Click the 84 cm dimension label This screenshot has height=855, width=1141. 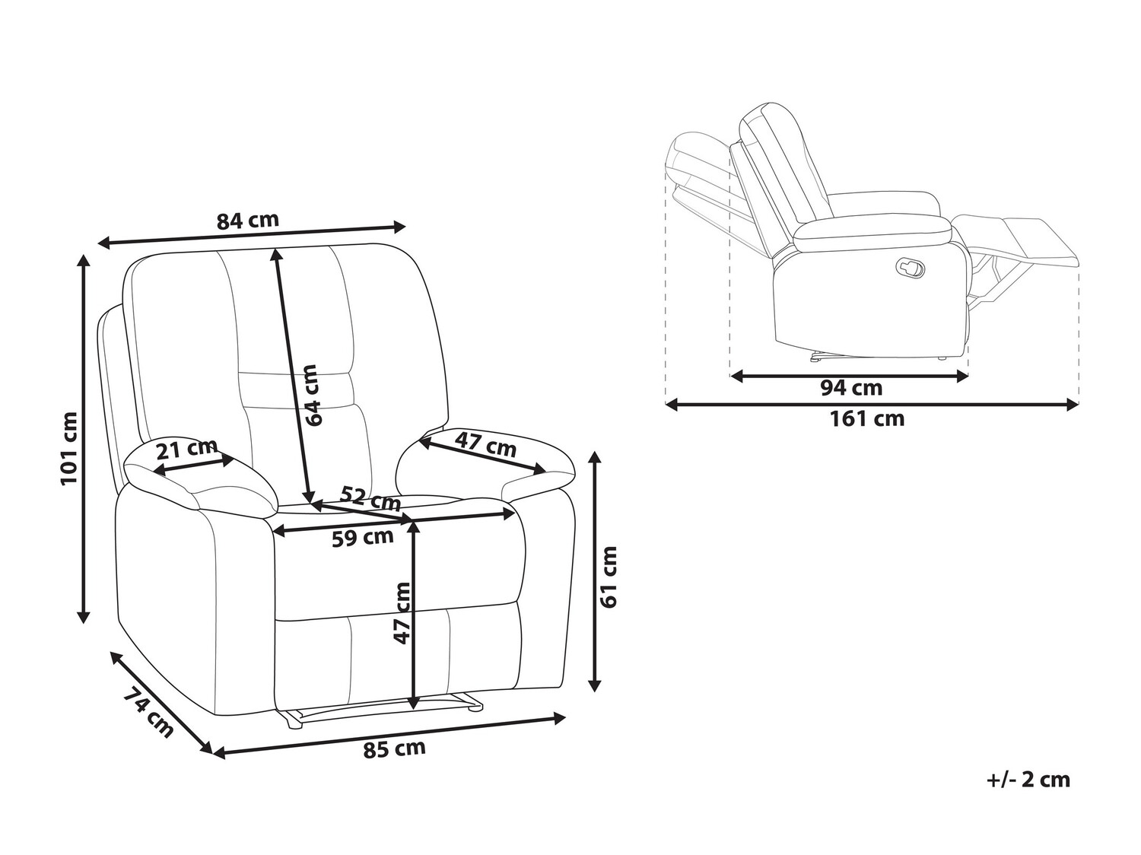click(x=248, y=220)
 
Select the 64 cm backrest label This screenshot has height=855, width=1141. click(x=310, y=395)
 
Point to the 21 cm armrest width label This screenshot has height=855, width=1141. click(x=186, y=448)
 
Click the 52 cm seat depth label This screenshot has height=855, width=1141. click(x=370, y=497)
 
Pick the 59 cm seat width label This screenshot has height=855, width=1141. click(x=363, y=538)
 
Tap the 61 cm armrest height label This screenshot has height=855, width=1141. click(x=609, y=577)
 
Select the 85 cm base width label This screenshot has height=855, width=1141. click(x=394, y=749)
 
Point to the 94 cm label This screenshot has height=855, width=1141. click(x=851, y=388)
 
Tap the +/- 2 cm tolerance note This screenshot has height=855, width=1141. click(x=1028, y=780)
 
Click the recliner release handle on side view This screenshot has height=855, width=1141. click(x=910, y=266)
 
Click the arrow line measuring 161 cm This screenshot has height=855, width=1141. click(x=872, y=405)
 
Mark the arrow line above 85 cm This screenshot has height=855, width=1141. click(x=388, y=734)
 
